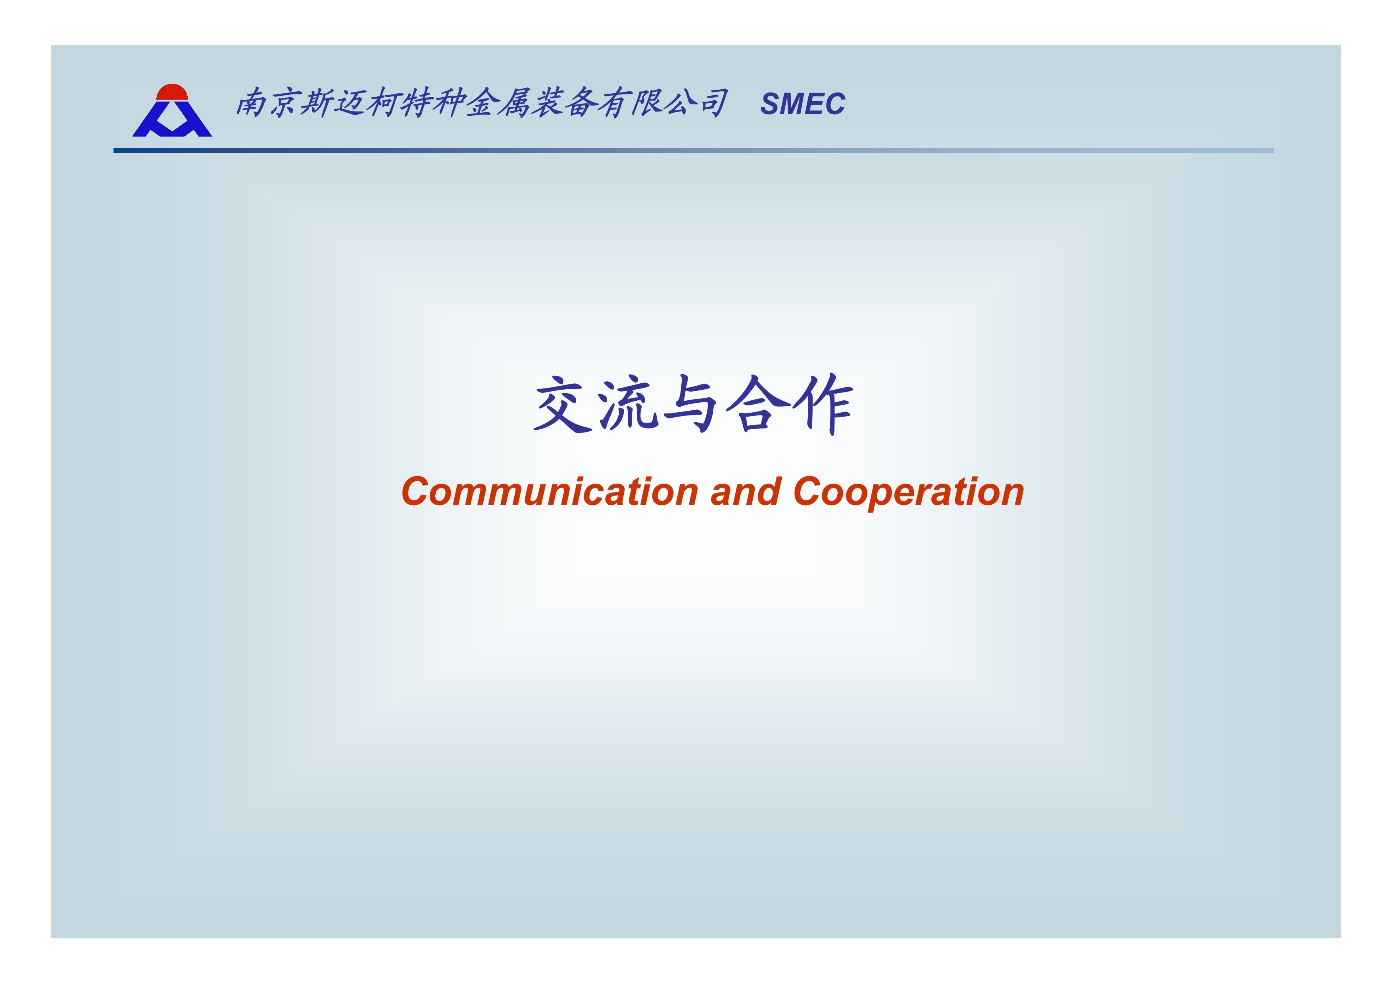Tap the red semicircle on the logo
click(172, 92)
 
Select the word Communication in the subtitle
click(549, 491)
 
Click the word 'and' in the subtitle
click(745, 491)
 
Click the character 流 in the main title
click(629, 404)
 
